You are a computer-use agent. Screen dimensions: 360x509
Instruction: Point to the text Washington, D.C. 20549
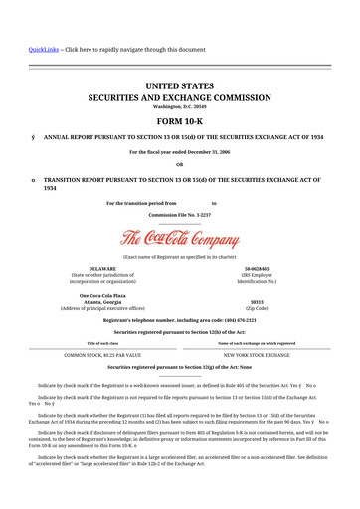click(179, 106)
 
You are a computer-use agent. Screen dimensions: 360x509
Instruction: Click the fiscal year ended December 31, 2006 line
click(179, 152)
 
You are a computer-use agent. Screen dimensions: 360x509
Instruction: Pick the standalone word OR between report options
click(179, 165)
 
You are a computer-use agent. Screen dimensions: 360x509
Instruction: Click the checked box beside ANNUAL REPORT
click(34, 137)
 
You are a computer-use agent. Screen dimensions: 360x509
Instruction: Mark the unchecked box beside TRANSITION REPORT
click(34, 180)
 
